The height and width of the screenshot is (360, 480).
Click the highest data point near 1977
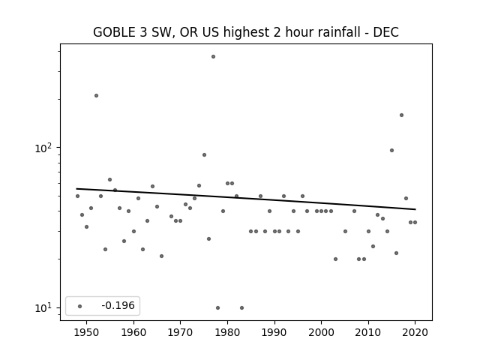pyautogui.click(x=213, y=57)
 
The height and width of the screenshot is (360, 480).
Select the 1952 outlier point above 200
pyautogui.click(x=97, y=95)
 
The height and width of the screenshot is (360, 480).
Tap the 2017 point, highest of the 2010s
pyautogui.click(x=402, y=115)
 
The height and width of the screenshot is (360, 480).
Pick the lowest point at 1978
pyautogui.click(x=217, y=307)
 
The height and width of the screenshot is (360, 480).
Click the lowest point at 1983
pyautogui.click(x=241, y=307)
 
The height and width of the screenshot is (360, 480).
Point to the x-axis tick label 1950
pyautogui.click(x=87, y=332)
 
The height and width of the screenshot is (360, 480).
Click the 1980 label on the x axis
pyautogui.click(x=227, y=332)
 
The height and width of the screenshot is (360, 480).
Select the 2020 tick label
pyautogui.click(x=415, y=332)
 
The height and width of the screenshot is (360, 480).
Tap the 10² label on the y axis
pyautogui.click(x=43, y=148)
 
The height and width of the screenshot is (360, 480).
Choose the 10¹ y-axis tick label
pyautogui.click(x=43, y=307)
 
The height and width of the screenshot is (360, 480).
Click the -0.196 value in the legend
pyautogui.click(x=118, y=305)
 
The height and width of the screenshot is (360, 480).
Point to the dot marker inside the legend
pyautogui.click(x=80, y=306)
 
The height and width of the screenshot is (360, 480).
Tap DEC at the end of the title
pyautogui.click(x=386, y=32)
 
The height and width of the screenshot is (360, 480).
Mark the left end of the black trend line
pyautogui.click(x=76, y=188)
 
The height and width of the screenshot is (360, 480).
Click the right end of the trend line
pyautogui.click(x=415, y=209)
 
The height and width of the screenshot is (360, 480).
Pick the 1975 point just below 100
pyautogui.click(x=204, y=155)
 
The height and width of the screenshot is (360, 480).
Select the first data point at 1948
pyautogui.click(x=77, y=196)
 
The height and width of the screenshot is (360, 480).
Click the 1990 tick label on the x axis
pyautogui.click(x=274, y=332)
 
